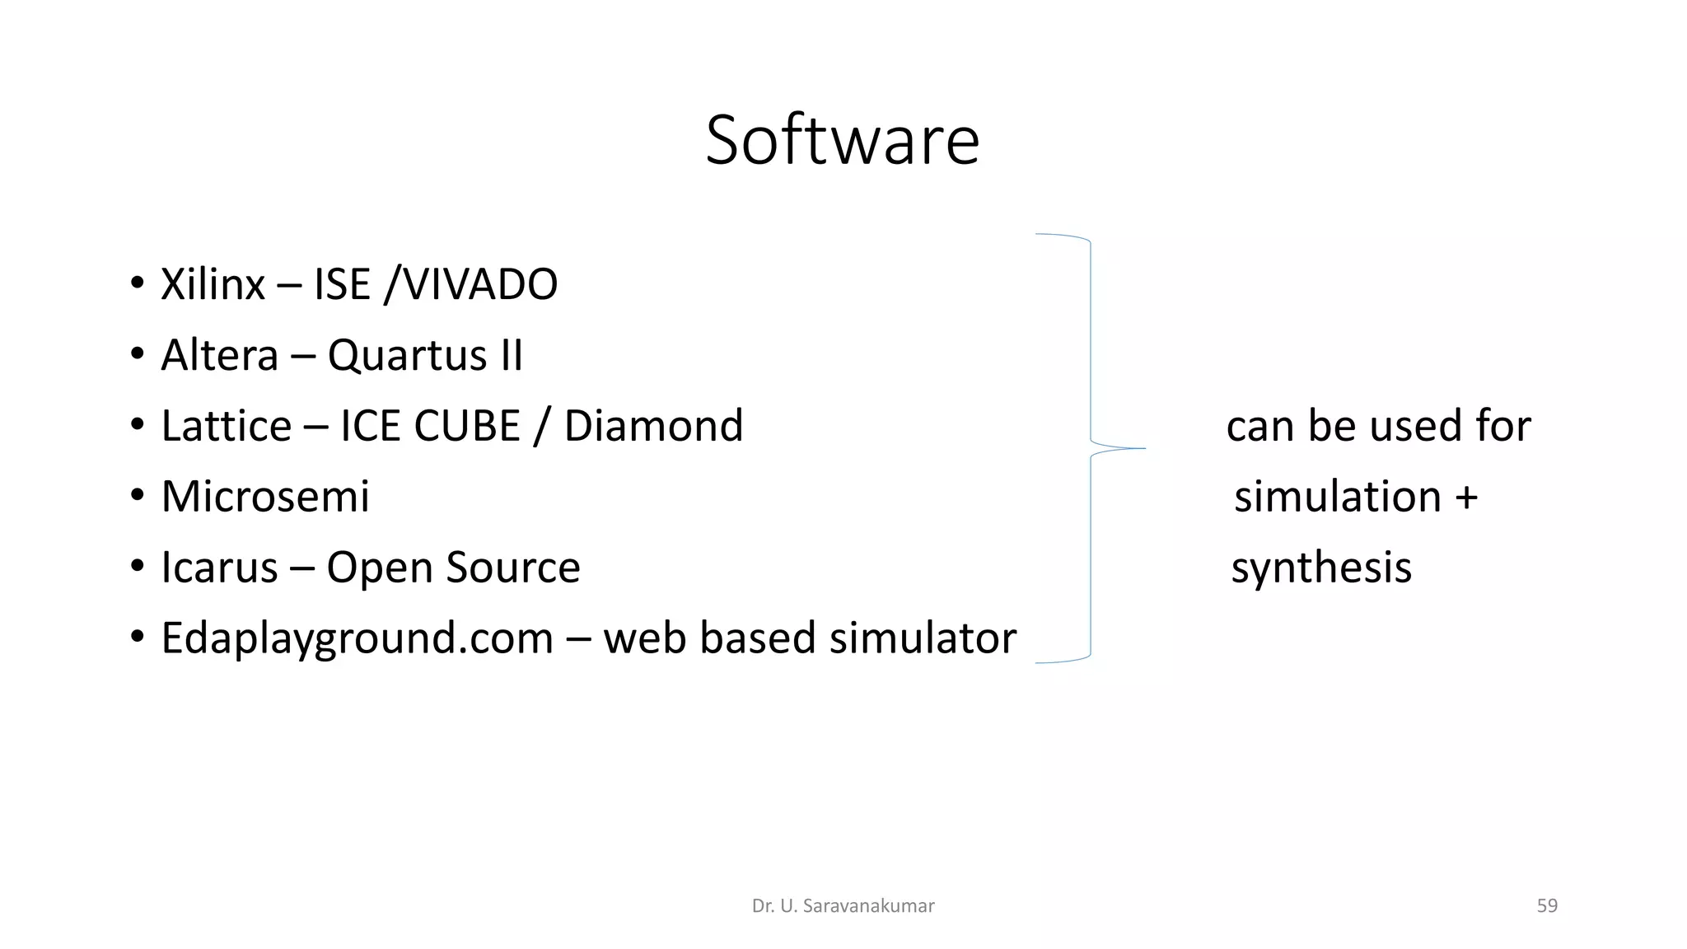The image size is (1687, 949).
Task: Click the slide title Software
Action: pos(842,140)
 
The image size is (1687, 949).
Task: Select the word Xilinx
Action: pos(213,284)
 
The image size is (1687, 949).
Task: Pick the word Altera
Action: pos(219,355)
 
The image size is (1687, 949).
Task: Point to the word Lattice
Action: pos(226,426)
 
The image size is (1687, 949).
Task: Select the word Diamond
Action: pos(653,426)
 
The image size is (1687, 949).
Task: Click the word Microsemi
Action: pos(265,497)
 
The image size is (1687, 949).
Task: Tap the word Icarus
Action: pos(219,568)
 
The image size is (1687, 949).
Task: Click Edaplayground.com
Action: pos(357,638)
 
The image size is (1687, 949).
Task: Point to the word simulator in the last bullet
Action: pos(923,638)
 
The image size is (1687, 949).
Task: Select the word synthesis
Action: pos(1321,568)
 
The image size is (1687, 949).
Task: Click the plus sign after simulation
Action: pos(1466,498)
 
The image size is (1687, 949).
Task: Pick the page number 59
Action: pos(1547,906)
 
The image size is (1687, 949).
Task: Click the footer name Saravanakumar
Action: pos(868,906)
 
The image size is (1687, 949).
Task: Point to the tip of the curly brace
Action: pos(1143,448)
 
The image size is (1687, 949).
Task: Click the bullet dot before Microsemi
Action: pos(137,497)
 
